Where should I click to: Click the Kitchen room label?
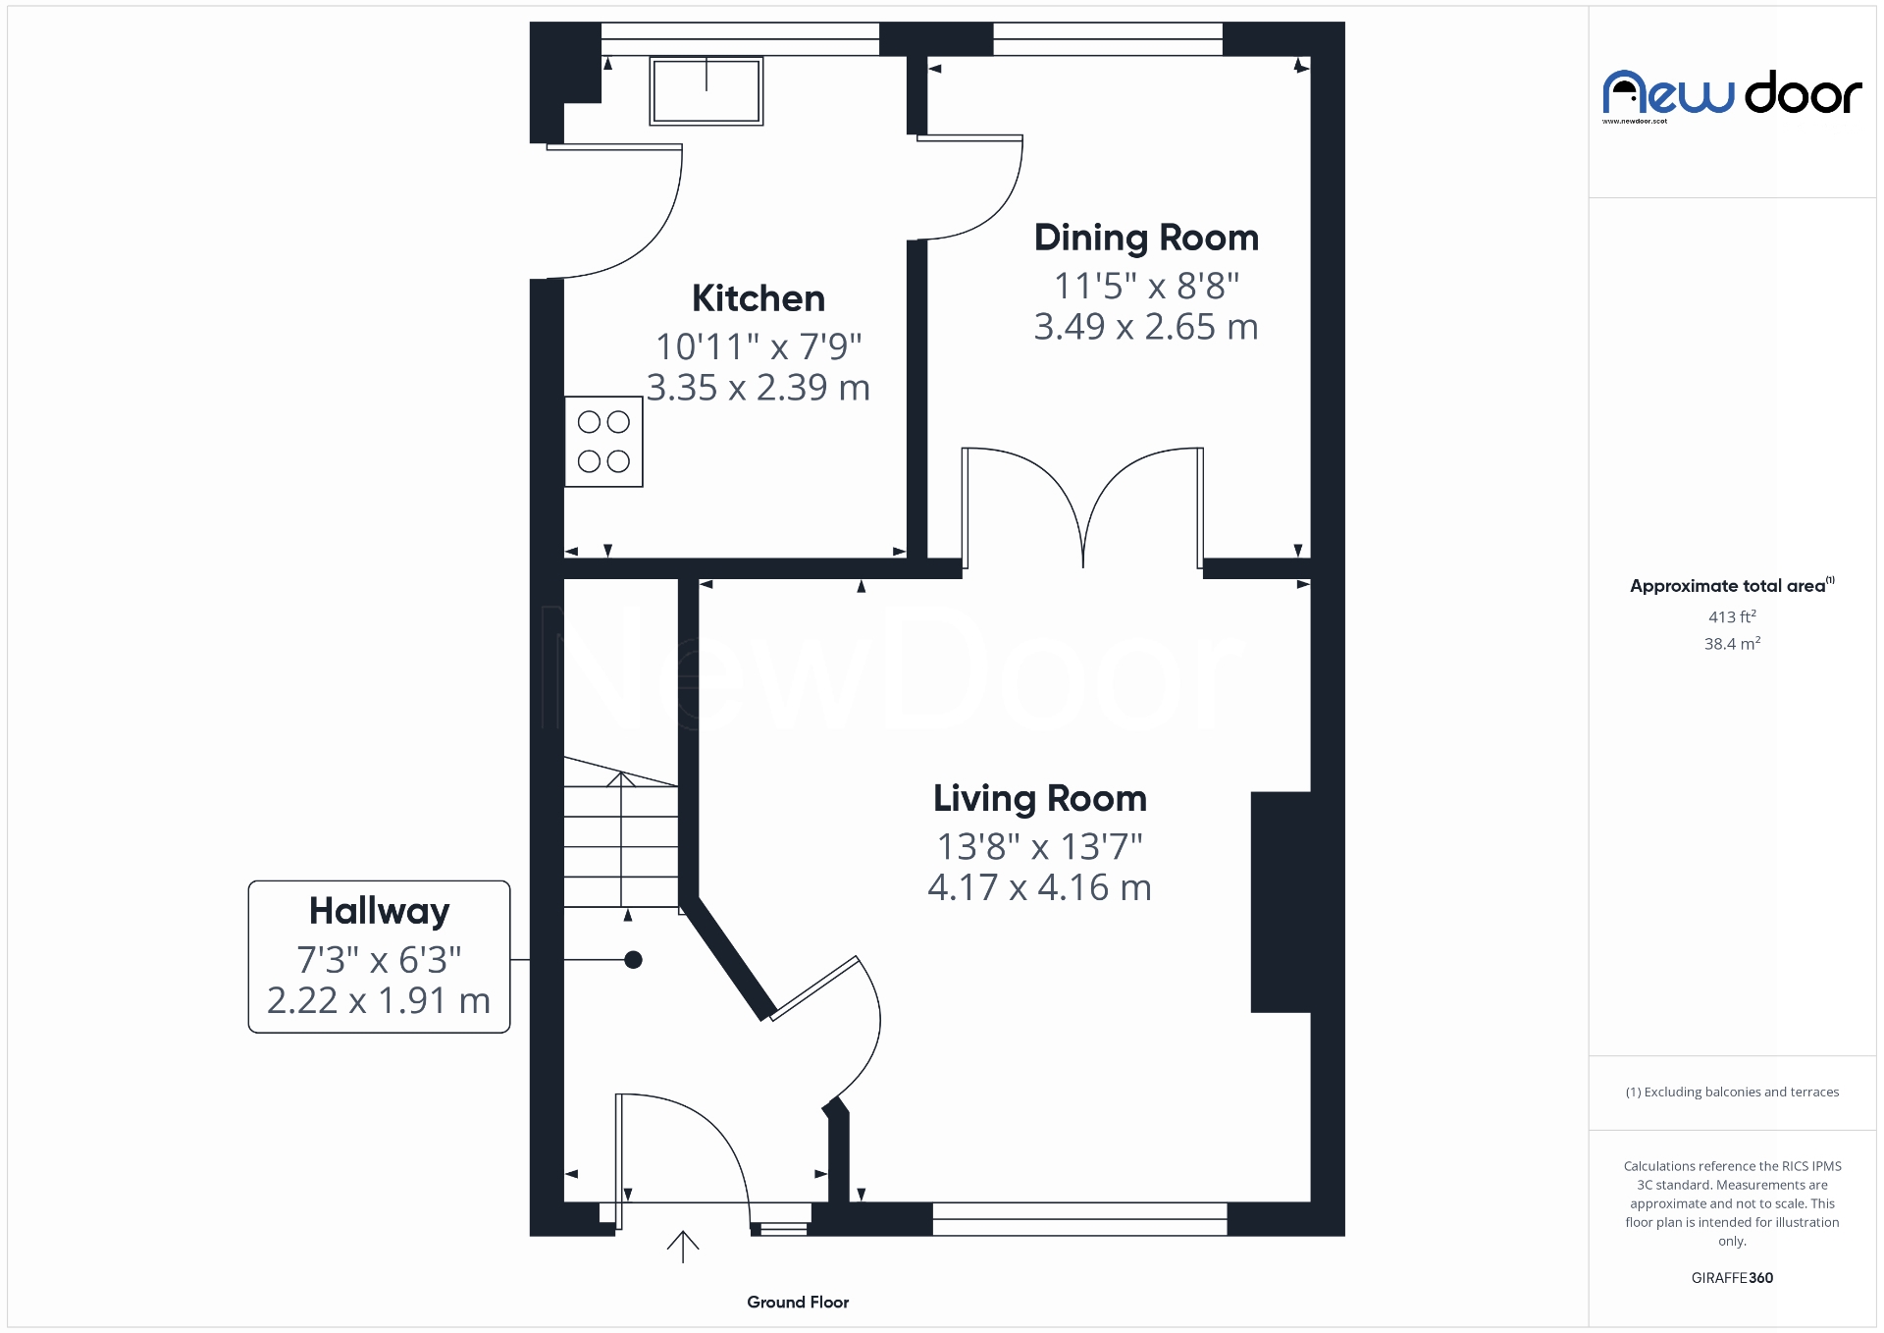758,298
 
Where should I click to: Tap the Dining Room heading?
1146,238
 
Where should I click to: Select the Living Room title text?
1039,798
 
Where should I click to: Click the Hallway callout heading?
379,911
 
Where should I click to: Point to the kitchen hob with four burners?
603,442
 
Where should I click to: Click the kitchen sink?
706,90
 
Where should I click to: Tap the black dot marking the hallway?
634,960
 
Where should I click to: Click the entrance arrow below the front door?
683,1247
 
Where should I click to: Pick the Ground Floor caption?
798,1303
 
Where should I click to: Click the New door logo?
1732,95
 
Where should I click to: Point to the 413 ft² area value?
1732,617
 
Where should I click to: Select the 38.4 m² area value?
1732,644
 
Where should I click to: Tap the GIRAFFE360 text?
1732,1278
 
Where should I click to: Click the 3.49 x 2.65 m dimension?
1146,327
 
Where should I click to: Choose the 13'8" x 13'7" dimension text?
1039,846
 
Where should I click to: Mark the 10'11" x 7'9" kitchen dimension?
758,347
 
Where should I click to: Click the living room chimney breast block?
1281,901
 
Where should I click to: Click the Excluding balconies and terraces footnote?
1732,1093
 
